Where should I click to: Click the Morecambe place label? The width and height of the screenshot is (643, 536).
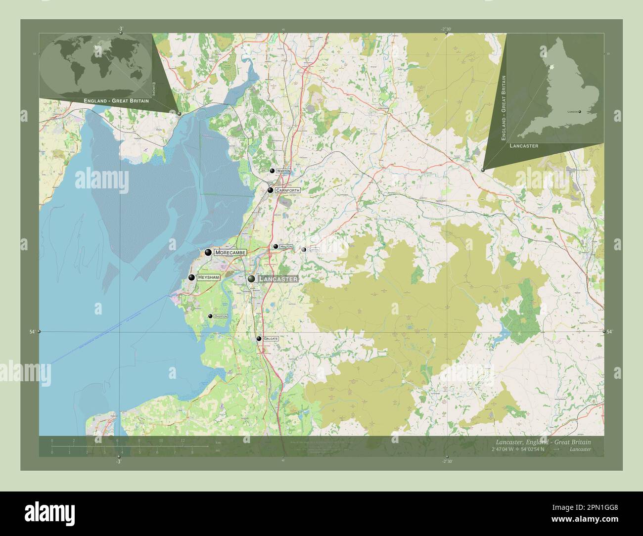pyautogui.click(x=230, y=253)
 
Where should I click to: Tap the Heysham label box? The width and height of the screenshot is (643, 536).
pyautogui.click(x=208, y=278)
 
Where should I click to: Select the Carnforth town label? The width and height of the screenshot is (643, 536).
pyautogui.click(x=288, y=190)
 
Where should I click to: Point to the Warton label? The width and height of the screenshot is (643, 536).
pyautogui.click(x=283, y=171)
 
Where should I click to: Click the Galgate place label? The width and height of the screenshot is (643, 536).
pyautogui.click(x=271, y=339)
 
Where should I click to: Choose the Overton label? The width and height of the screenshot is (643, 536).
pyautogui.click(x=221, y=316)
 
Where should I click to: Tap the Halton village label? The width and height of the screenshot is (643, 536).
pyautogui.click(x=286, y=246)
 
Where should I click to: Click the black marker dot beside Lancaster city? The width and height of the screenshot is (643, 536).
pyautogui.click(x=252, y=279)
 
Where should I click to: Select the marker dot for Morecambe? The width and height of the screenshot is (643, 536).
pyautogui.click(x=208, y=253)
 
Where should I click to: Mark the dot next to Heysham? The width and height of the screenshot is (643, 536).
pyautogui.click(x=191, y=278)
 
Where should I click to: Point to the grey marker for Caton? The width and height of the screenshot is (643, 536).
pyautogui.click(x=303, y=250)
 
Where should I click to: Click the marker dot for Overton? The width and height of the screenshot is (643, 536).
pyautogui.click(x=210, y=316)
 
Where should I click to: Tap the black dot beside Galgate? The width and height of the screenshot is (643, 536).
pyautogui.click(x=259, y=339)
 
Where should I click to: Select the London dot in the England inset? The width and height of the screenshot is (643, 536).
pyautogui.click(x=580, y=112)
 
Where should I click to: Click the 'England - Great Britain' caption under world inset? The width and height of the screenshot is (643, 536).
pyautogui.click(x=117, y=100)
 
